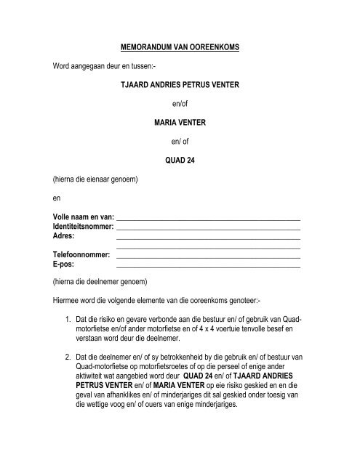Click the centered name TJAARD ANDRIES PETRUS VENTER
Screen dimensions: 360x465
[x=179, y=85]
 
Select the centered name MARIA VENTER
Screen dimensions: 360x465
[x=179, y=123]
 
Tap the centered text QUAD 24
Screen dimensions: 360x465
[x=179, y=160]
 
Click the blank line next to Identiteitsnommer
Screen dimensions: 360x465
[x=209, y=229]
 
